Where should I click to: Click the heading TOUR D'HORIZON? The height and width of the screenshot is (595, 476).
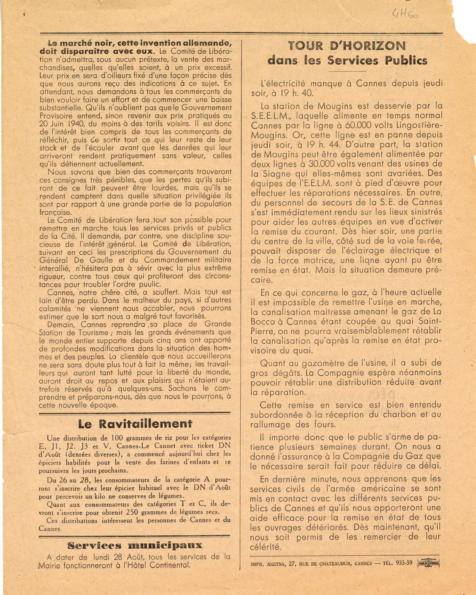pos(347,46)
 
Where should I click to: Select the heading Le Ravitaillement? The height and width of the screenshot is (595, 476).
pos(135,424)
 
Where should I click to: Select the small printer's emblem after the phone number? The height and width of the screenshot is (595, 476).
pos(428,563)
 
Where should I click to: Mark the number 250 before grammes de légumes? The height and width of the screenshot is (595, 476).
pos(132,512)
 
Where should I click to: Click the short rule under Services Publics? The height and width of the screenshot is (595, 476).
pos(347,71)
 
